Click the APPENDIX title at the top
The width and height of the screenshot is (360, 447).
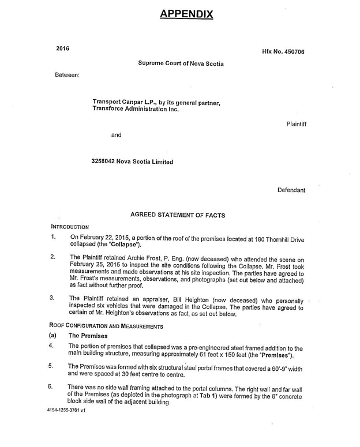coord(186,14)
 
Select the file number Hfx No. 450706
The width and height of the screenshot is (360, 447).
coord(283,52)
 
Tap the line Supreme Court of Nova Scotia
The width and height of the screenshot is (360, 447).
coord(180,63)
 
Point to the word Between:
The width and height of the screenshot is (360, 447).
coord(67,74)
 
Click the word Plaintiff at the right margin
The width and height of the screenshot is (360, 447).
coord(295,124)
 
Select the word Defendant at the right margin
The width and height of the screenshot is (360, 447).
coord(291,190)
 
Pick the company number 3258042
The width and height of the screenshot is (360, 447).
coord(104,162)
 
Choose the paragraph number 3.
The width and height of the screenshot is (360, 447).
coord(52,298)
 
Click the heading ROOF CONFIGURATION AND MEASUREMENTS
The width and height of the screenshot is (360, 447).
coord(107,326)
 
